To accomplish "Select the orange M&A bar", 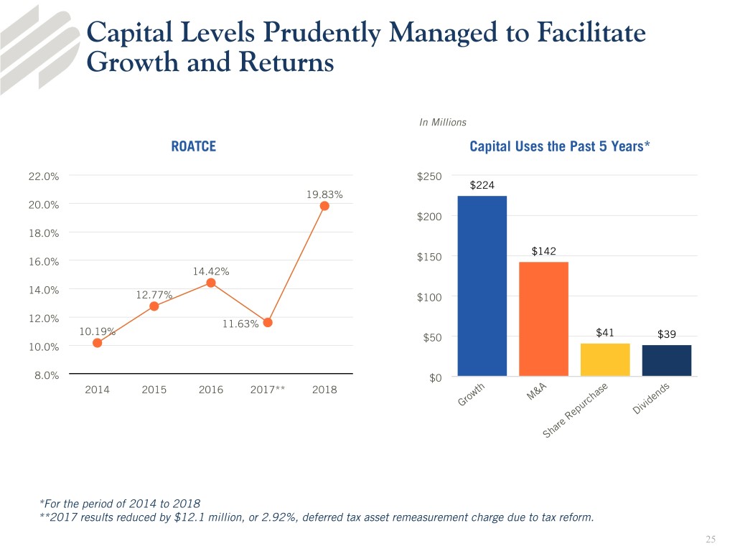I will coord(543,319).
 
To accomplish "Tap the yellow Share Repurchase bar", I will coord(605,359).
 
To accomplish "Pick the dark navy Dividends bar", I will coord(667,360).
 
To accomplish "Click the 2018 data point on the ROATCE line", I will coord(324,206).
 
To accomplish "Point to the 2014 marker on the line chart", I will coord(97,343).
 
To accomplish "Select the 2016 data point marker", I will coord(211,283).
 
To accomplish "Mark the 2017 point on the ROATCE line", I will coord(268,322).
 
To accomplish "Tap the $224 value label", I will coord(482,186).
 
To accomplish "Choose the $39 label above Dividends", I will coord(666,334).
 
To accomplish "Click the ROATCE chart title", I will coord(193,147).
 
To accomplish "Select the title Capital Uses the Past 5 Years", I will coord(560,147).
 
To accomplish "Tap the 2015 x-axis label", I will coord(154,390).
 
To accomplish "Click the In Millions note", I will coord(442,123).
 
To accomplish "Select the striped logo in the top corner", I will coord(39,39).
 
